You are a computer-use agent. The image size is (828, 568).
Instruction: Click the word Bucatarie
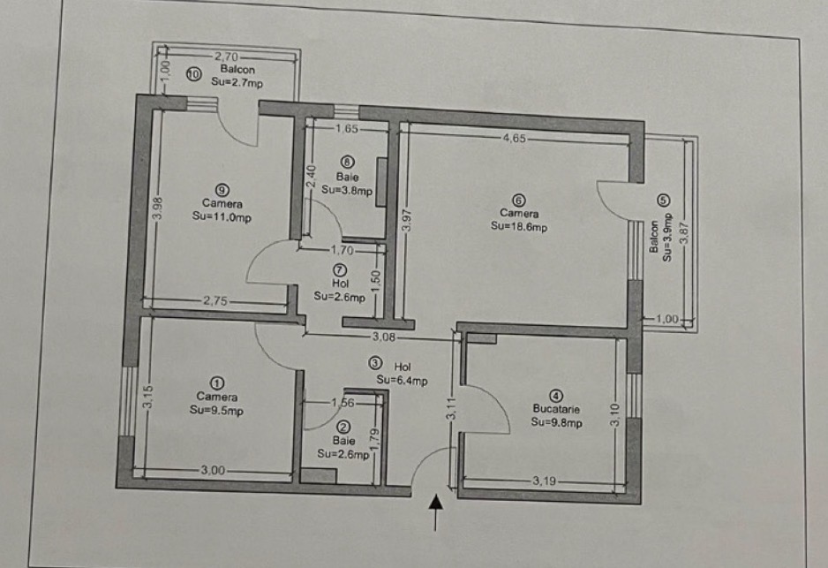coord(556,409)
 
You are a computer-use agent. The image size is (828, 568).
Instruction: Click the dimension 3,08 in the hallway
coord(381,337)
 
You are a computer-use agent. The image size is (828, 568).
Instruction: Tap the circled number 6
coord(519,200)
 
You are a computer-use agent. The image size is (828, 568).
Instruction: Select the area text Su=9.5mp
coord(216,410)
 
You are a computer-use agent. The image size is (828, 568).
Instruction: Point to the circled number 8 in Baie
coord(347,163)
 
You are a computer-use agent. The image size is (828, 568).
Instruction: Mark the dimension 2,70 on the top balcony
coord(227,56)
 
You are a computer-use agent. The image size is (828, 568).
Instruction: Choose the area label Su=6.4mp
coord(402,381)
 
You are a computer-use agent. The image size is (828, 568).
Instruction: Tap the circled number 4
coord(556,396)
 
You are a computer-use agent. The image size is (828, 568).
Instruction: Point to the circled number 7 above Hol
coord(340,269)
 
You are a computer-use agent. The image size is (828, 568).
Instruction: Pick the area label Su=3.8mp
coord(347,189)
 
